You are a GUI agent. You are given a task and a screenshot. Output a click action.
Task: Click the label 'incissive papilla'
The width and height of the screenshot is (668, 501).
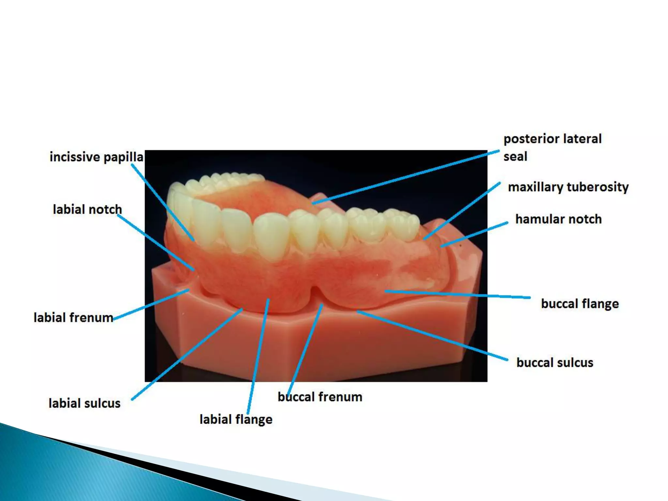(96, 157)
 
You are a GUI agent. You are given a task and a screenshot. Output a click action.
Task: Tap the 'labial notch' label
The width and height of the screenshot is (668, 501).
(87, 209)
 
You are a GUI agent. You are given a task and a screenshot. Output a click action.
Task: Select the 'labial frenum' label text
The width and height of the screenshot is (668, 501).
(73, 318)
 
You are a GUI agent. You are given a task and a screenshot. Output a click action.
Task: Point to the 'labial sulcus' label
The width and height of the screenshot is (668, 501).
(84, 403)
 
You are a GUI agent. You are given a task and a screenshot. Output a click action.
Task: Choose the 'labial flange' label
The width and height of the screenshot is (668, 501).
(236, 419)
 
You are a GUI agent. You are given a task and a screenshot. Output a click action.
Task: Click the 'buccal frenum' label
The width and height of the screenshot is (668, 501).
(320, 397)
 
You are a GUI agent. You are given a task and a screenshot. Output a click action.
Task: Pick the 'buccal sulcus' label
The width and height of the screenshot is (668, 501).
(554, 363)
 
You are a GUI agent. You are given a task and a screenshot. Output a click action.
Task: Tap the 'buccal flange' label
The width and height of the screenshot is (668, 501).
(580, 304)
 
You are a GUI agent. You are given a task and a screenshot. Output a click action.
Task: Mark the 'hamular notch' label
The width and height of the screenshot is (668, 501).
(558, 219)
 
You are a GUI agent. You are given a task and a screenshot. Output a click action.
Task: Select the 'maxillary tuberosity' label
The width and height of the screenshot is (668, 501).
(568, 187)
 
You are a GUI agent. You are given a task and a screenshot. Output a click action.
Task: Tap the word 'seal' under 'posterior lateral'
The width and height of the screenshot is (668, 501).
(515, 157)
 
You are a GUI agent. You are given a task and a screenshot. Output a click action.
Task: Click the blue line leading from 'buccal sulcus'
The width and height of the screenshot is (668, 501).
(434, 336)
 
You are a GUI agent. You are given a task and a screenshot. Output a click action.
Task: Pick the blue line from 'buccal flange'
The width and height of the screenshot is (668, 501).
(457, 294)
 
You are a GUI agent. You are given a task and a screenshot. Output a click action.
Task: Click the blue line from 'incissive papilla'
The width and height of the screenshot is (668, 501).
(163, 202)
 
